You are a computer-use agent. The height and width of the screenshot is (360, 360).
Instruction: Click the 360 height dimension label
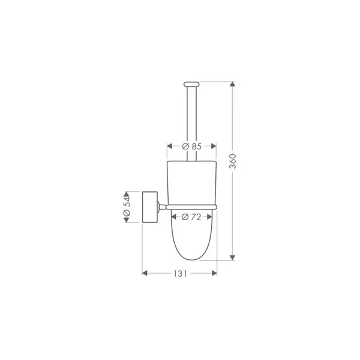tap(233, 161)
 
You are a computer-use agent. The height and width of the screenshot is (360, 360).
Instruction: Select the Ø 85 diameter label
tap(192, 146)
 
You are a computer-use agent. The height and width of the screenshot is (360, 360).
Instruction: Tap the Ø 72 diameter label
tap(191, 217)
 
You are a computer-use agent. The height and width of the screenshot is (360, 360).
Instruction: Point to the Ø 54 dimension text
tap(127, 207)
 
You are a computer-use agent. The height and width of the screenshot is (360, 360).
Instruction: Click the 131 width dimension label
tap(180, 274)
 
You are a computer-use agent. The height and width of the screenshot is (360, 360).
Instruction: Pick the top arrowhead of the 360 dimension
tap(233, 84)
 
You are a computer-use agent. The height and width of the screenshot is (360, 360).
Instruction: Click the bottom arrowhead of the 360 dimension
tap(233, 257)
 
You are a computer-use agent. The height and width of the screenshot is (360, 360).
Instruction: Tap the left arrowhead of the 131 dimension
tap(145, 273)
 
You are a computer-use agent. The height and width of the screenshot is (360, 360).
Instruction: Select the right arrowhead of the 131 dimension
tap(214, 273)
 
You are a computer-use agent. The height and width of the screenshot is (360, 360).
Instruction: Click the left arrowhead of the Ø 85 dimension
tap(170, 146)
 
